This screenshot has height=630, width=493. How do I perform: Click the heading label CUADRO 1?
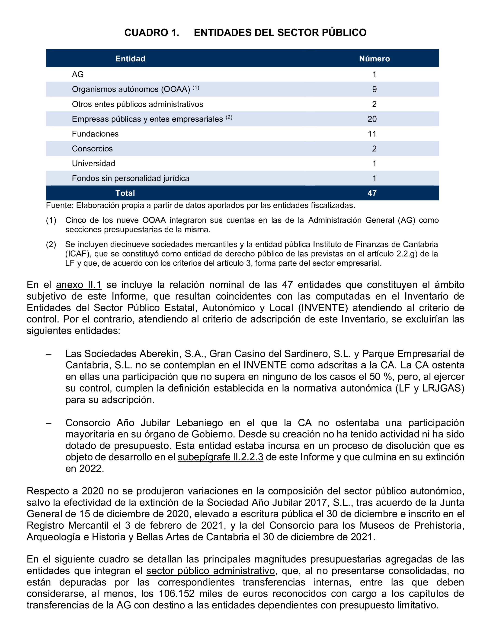click(151, 33)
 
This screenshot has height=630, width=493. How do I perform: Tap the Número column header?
click(374, 59)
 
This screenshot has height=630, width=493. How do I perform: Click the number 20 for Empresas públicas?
click(372, 119)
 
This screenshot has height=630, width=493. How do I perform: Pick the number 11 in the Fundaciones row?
click(372, 134)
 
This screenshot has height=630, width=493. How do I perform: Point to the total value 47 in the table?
click(372, 193)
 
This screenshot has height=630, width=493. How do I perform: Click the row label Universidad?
click(93, 164)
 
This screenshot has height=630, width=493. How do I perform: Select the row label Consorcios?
click(92, 149)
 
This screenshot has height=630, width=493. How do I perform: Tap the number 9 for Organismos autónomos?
click(374, 89)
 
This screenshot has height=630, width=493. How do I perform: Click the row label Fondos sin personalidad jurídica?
click(131, 179)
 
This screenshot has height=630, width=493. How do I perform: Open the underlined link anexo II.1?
click(79, 285)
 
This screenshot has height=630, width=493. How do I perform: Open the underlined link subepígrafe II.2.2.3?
click(220, 457)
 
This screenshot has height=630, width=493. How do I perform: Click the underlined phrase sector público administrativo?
click(210, 571)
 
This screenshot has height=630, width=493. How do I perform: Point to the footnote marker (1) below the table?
click(51, 220)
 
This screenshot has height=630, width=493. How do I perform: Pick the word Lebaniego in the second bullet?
click(199, 423)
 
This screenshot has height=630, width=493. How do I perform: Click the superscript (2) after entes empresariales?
click(229, 117)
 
